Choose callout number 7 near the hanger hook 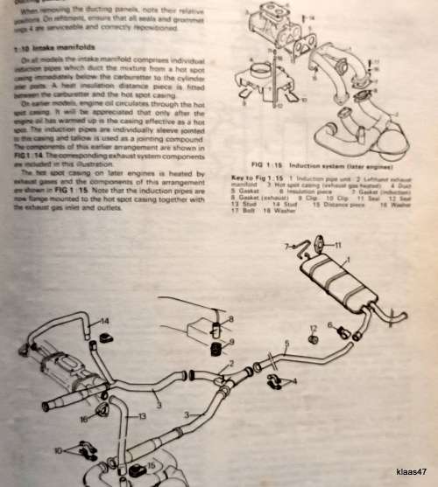pos(286,247)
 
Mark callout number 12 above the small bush pos(313,328)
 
